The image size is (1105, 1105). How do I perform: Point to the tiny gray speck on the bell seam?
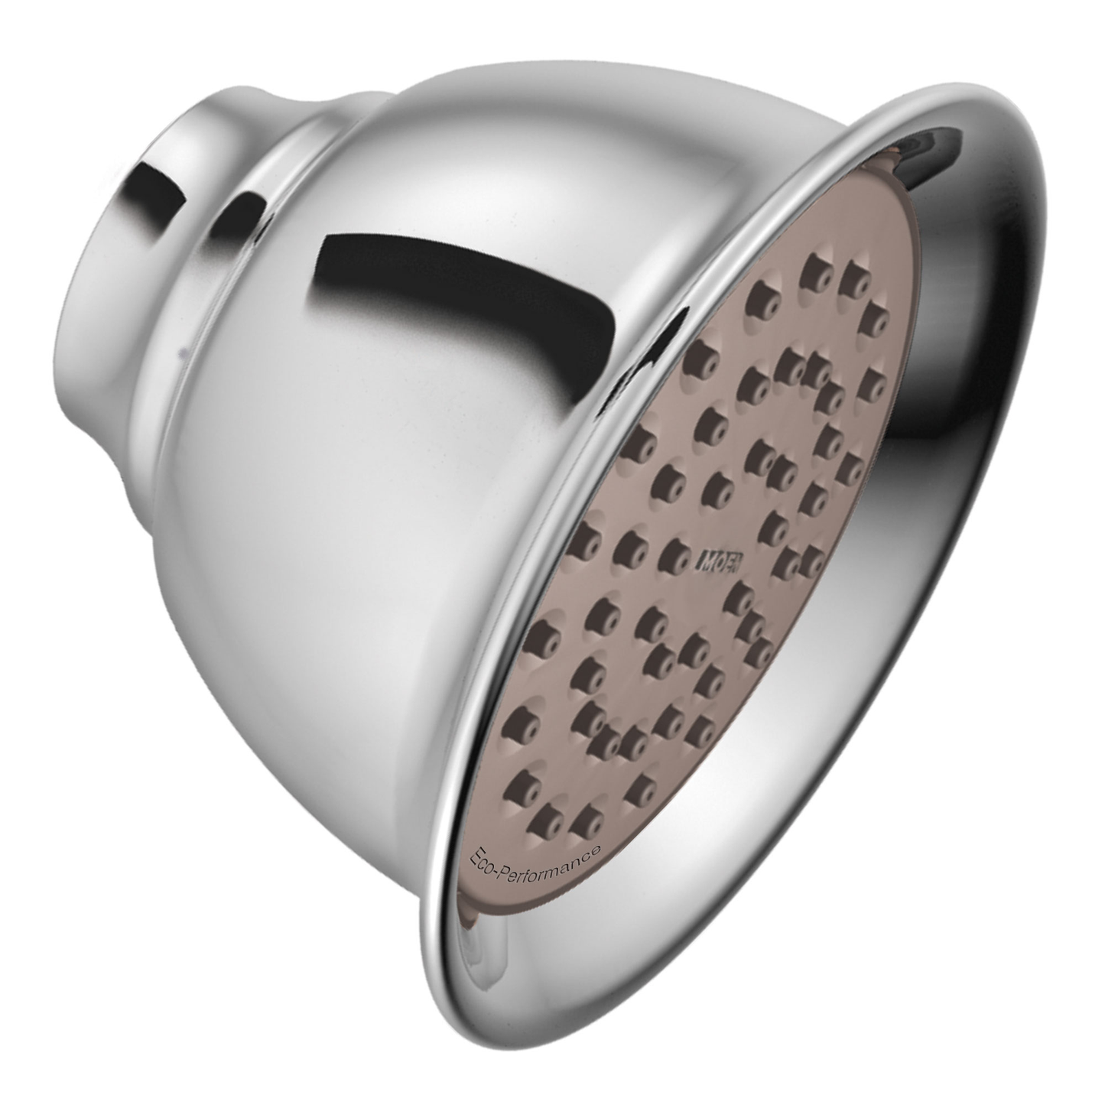tap(180, 353)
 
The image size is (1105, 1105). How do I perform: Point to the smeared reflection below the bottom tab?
tap(478, 948)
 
